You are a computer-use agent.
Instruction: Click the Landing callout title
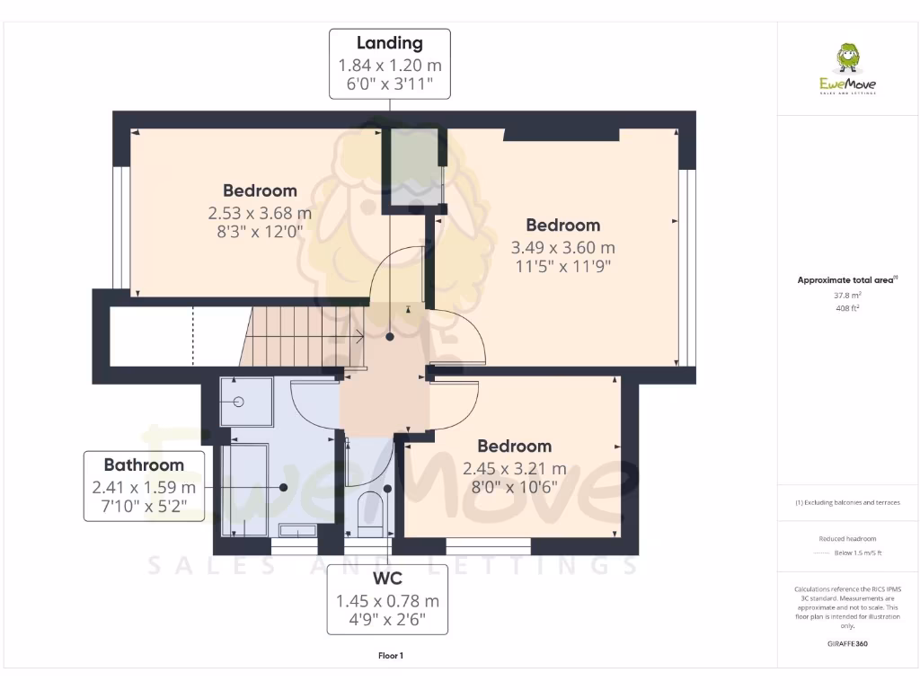389,43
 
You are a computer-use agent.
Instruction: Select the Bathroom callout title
144,465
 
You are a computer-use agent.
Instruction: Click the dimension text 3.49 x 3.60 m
563,247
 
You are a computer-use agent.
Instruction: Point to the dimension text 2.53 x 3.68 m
260,213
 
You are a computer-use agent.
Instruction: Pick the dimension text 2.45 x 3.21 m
514,468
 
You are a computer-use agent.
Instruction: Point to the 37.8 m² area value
847,295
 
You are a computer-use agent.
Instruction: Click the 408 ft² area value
847,308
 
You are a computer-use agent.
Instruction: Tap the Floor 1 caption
390,656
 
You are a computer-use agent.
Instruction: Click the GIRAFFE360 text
847,644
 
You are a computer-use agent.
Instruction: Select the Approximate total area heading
845,280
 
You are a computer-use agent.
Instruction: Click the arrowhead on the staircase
360,338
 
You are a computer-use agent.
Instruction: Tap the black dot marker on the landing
390,337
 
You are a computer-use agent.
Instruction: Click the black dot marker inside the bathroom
283,487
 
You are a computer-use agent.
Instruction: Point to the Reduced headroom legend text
847,538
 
